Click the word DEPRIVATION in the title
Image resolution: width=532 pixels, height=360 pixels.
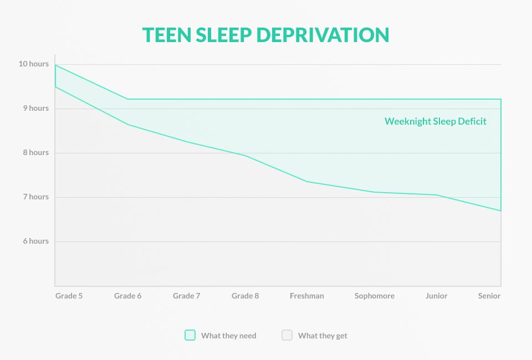(x=323, y=35)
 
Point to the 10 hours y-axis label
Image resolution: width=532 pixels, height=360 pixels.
(x=34, y=64)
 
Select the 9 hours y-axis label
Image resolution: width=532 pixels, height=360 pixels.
(x=36, y=108)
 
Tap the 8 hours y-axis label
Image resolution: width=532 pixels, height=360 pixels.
(x=36, y=152)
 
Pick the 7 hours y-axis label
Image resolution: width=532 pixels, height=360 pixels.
(x=36, y=197)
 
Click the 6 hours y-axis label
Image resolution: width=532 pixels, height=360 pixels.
(x=36, y=241)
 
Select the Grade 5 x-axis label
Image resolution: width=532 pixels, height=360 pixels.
(x=69, y=296)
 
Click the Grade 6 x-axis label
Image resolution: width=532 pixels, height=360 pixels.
(x=127, y=296)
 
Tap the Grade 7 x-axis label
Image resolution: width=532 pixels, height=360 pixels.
(x=186, y=296)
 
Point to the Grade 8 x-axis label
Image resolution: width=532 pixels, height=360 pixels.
(x=245, y=296)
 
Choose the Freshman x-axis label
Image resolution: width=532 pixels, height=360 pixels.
(x=306, y=296)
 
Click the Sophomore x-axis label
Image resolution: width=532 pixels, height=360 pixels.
(x=375, y=296)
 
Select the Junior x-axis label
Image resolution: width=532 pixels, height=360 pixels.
(x=436, y=296)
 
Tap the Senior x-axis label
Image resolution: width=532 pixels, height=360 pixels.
(x=489, y=296)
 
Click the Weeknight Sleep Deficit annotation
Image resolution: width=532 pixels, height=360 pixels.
(x=436, y=121)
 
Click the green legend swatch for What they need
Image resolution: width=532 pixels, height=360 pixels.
(x=190, y=335)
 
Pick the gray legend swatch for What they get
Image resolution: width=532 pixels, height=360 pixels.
(x=287, y=335)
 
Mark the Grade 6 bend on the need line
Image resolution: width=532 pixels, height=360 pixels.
(x=127, y=99)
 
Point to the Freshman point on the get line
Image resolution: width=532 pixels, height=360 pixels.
(x=306, y=182)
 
